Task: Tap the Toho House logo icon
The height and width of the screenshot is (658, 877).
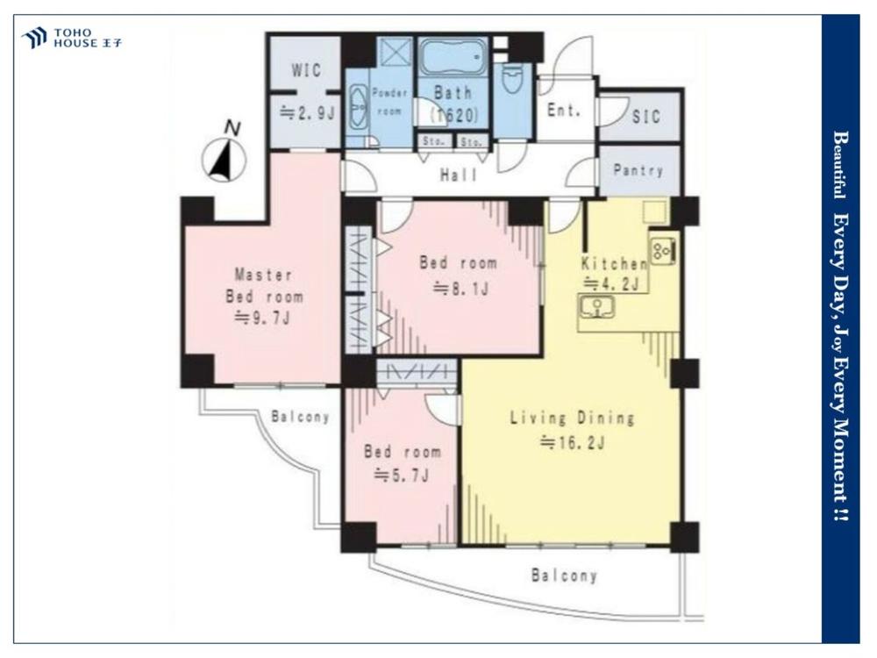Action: (34, 38)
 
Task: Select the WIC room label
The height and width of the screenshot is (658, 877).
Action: (306, 70)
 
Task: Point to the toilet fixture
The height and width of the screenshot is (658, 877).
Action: (512, 80)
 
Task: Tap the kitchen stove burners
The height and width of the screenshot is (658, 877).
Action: (663, 250)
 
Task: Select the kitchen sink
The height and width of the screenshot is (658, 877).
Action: (595, 307)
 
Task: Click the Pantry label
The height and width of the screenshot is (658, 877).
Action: (638, 170)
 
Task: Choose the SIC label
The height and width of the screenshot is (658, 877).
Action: (646, 117)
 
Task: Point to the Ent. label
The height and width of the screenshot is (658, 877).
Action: (563, 111)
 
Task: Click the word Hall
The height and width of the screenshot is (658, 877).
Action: (459, 175)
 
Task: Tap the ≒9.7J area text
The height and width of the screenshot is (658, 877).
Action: (262, 318)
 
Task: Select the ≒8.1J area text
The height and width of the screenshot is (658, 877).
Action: (461, 289)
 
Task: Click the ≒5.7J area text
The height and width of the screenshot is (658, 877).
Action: (401, 476)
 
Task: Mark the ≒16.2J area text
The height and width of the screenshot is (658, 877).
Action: (572, 443)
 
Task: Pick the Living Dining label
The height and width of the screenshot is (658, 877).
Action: (572, 418)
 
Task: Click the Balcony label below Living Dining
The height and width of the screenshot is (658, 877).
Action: (564, 576)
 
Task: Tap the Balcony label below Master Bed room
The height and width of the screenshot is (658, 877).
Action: (300, 416)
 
